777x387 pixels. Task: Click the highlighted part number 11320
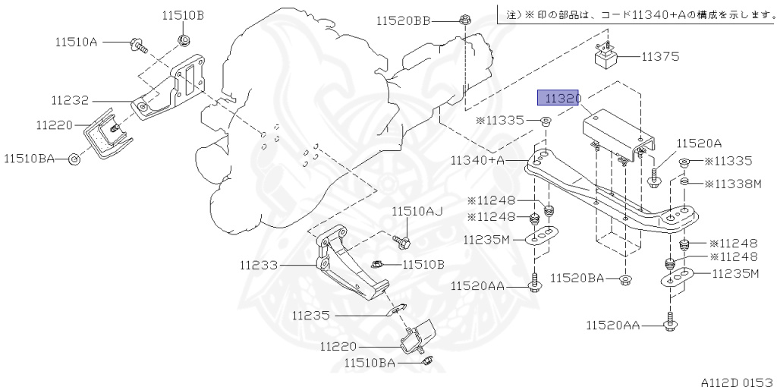tap(559, 98)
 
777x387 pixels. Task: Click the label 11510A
tap(76, 42)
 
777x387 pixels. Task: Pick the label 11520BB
tap(402, 21)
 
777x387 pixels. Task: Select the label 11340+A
tap(477, 160)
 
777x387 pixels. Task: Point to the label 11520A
tap(699, 143)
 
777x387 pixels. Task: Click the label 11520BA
tap(577, 278)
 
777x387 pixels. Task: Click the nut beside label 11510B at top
tap(184, 38)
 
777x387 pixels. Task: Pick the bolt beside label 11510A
tap(139, 45)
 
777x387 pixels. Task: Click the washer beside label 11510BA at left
tap(74, 159)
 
